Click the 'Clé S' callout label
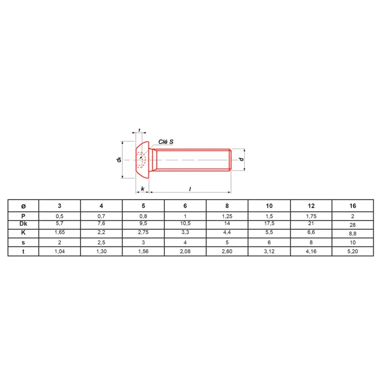165,142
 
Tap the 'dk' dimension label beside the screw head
119,159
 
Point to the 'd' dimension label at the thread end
242,159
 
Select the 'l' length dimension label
190,189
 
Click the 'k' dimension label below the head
142,189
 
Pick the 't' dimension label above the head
140,130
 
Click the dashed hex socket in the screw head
141,160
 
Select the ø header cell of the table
23,206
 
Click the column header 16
352,206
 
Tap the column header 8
227,206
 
